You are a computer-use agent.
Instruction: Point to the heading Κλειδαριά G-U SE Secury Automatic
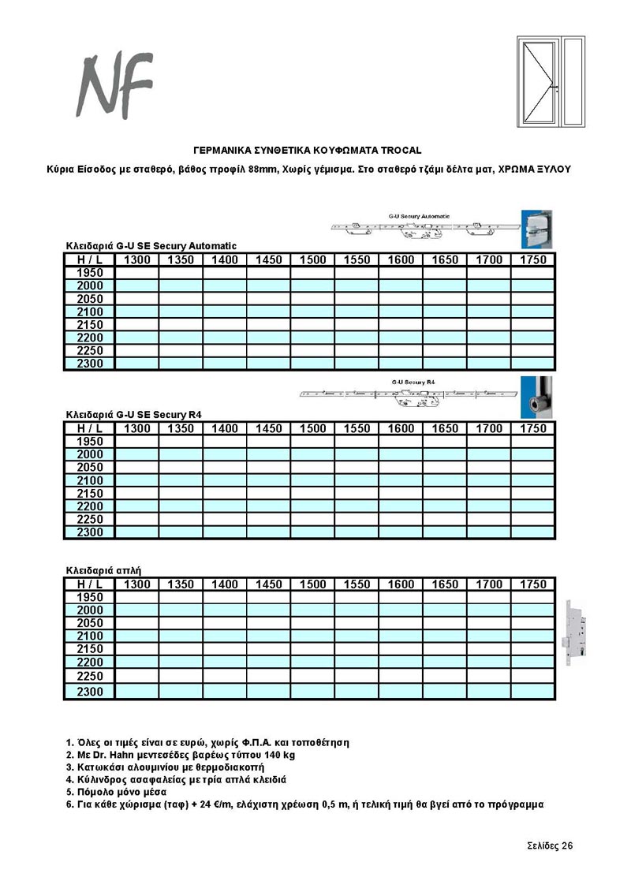(151, 246)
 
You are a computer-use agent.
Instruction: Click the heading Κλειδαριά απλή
(103, 569)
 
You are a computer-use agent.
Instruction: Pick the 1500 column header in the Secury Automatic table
(312, 260)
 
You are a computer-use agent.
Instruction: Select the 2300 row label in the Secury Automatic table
(90, 364)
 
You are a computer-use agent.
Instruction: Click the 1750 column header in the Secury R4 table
(533, 428)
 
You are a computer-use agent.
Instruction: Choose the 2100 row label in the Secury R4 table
(90, 480)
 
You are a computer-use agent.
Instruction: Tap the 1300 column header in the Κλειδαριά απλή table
(137, 584)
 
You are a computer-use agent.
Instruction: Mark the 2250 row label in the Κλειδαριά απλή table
(90, 676)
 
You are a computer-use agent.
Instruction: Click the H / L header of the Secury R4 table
(90, 428)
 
